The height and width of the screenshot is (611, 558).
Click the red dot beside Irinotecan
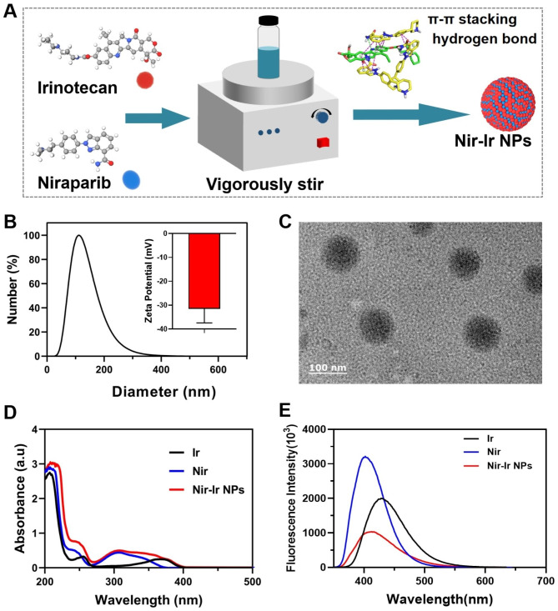click(145, 82)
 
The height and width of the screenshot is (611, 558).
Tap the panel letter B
click(13, 223)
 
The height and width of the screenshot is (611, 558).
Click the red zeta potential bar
click(204, 271)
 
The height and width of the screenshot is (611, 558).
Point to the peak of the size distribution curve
click(80, 236)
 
